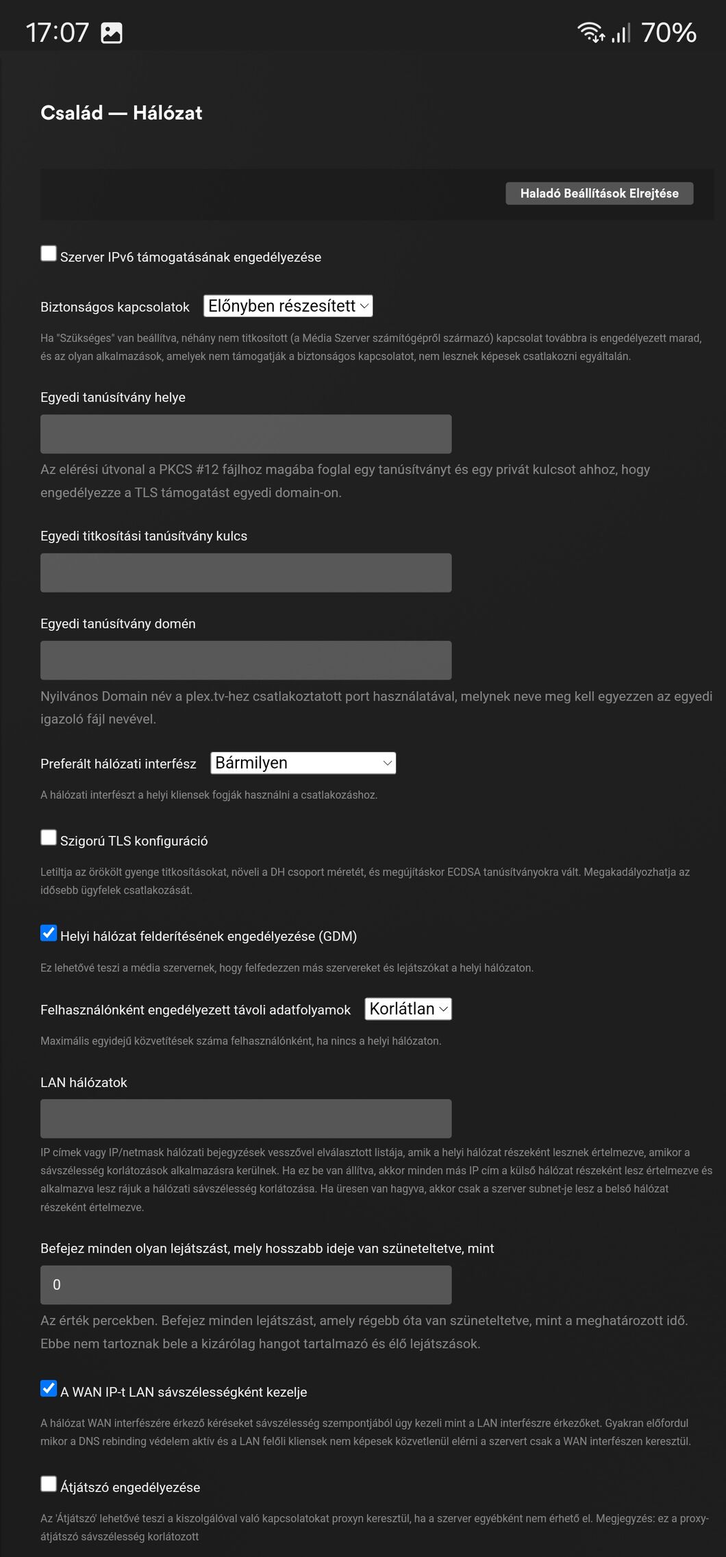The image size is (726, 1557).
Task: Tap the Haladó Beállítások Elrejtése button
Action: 599,193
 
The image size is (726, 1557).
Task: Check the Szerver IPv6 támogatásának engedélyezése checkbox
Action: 49,253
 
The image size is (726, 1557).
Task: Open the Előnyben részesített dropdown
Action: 288,306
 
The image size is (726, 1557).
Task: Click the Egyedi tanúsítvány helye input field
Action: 246,434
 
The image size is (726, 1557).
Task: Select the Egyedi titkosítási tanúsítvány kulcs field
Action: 246,573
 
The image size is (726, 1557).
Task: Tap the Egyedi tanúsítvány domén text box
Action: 246,660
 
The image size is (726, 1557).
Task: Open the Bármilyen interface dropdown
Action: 303,763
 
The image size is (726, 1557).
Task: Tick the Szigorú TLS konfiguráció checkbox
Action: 49,837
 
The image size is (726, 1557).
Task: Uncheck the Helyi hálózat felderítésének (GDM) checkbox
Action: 49,933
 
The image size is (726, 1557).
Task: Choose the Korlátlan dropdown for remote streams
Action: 408,1009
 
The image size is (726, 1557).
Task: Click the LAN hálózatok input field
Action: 246,1119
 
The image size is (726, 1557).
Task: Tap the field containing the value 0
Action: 246,1285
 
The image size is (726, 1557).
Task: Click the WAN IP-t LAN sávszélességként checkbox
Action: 49,1388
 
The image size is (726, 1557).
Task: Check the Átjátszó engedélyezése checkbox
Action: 49,1484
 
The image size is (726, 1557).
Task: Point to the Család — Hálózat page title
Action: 121,113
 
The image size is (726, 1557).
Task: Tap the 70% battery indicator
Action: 668,32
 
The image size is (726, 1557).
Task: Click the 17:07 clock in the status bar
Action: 58,32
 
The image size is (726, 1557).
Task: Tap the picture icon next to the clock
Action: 112,32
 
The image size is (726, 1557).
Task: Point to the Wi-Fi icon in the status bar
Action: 590,32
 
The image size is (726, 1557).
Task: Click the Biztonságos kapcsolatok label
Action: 115,307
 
